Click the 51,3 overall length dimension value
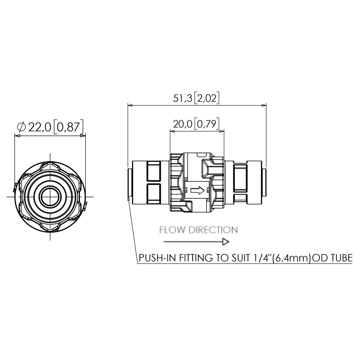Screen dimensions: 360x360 [x=182, y=99]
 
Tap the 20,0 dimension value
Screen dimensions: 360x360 [x=183, y=124]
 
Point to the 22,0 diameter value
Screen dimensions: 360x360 [x=40, y=127]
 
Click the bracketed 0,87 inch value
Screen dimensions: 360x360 [x=68, y=127]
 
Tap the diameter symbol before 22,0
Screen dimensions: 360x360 [x=21, y=127]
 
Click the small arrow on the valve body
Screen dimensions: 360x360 [x=197, y=190]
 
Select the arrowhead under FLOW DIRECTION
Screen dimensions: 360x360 [x=226, y=242]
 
